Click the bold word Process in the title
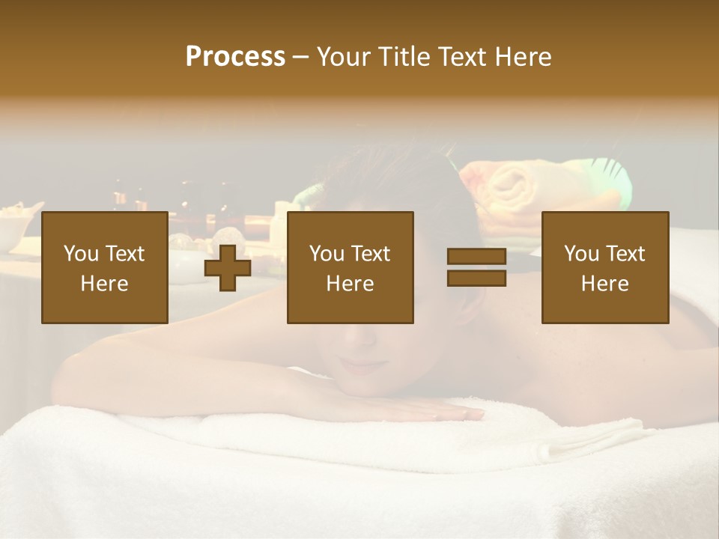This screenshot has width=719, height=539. pyautogui.click(x=235, y=57)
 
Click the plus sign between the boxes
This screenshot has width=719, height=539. pyautogui.click(x=228, y=268)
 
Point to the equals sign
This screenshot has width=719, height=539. pyautogui.click(x=476, y=267)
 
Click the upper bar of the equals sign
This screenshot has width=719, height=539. pyautogui.click(x=476, y=257)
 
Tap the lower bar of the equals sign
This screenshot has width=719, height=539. pyautogui.click(x=476, y=278)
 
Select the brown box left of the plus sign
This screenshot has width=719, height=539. pyautogui.click(x=104, y=267)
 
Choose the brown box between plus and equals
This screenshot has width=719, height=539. pyautogui.click(x=350, y=267)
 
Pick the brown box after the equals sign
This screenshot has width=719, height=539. pyautogui.click(x=604, y=267)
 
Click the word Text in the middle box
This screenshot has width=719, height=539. pyautogui.click(x=371, y=254)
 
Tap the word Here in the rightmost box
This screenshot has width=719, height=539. pyautogui.click(x=604, y=284)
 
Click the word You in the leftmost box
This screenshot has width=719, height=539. pyautogui.click(x=82, y=254)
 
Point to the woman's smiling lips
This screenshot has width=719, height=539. pyautogui.click(x=362, y=366)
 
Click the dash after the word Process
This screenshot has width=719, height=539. pyautogui.click(x=301, y=57)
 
